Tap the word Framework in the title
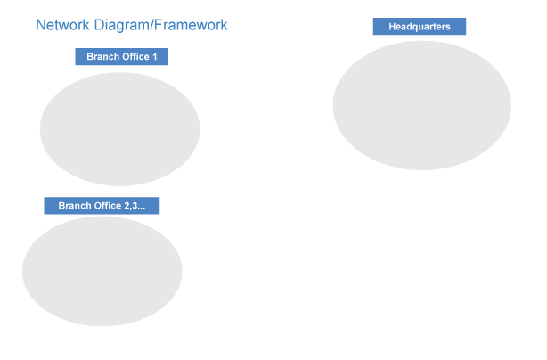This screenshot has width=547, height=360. [191, 26]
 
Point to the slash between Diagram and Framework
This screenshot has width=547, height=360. [151, 26]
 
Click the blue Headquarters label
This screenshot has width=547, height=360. [419, 27]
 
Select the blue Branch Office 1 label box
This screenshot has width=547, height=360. [121, 57]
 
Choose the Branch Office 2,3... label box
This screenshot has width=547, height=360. [102, 206]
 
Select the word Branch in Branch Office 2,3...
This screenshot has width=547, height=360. [74, 206]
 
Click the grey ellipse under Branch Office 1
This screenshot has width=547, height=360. [119, 129]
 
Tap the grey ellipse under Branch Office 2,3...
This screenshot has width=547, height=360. [102, 271]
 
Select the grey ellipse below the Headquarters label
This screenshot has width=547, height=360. [421, 105]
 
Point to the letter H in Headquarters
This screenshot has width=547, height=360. [392, 27]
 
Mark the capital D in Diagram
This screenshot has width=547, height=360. [98, 26]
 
